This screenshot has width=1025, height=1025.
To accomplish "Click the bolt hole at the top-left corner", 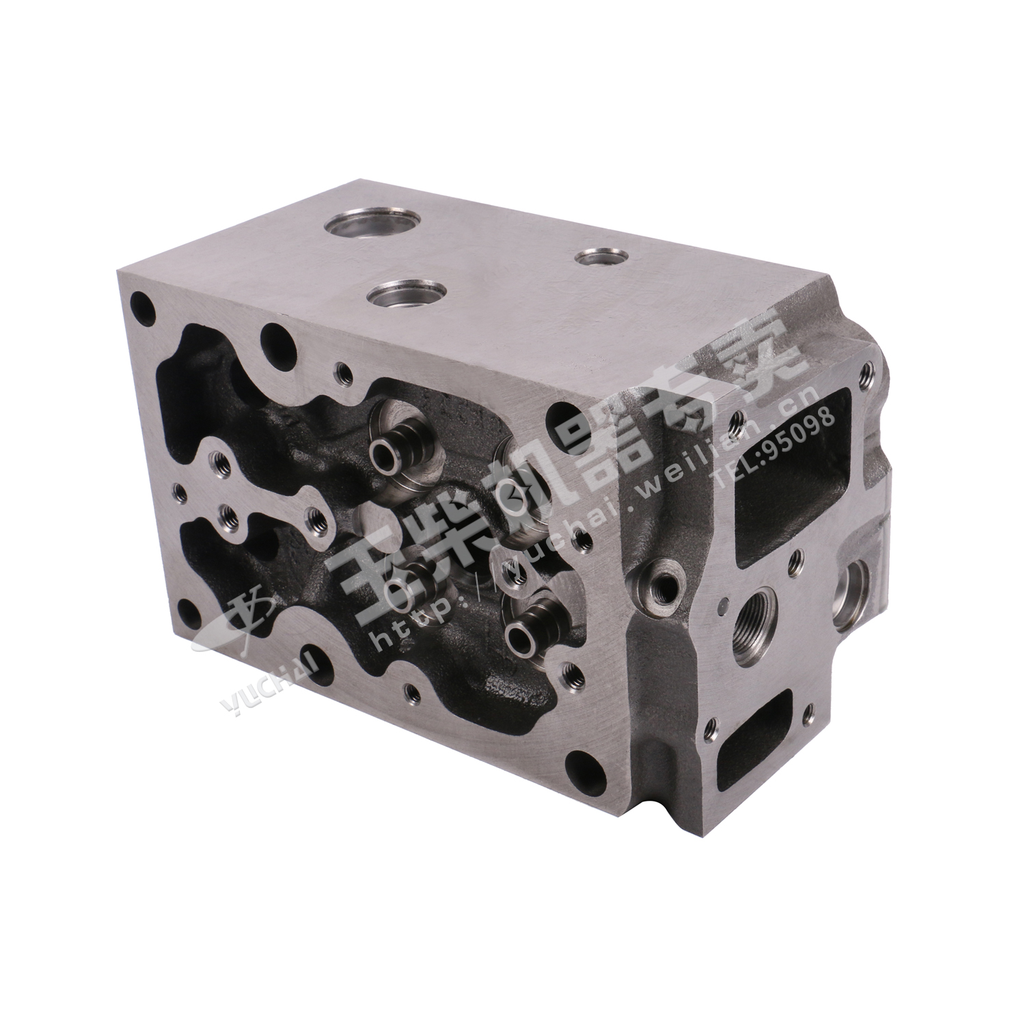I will (142, 301).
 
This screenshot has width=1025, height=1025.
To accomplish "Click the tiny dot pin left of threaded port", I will (724, 604).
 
